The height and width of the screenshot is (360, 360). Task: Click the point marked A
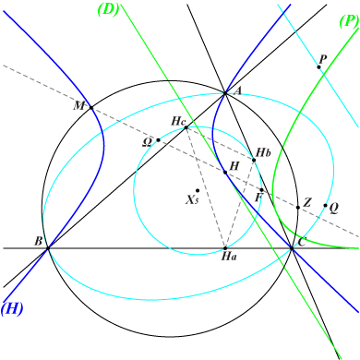click(225, 92)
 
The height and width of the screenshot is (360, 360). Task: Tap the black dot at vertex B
click(48, 247)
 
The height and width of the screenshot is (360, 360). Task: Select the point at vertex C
click(292, 247)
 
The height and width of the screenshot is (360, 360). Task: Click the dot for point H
click(224, 172)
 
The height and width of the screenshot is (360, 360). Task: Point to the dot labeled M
click(90, 107)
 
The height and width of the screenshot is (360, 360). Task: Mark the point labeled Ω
click(159, 140)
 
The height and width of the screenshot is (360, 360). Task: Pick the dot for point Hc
click(186, 127)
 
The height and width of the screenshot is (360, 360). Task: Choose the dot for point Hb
click(254, 161)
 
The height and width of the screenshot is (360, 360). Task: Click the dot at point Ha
click(225, 247)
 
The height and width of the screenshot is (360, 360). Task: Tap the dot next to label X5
click(198, 191)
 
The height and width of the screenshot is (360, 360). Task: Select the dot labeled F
click(262, 190)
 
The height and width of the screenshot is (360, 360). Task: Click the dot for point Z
click(297, 207)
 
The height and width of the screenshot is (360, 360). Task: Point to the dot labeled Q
click(326, 206)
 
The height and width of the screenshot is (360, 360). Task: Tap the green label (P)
click(348, 18)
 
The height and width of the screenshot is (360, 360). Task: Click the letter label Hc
click(179, 120)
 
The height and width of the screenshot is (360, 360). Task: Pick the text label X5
click(192, 200)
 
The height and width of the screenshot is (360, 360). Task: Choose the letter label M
click(79, 106)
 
